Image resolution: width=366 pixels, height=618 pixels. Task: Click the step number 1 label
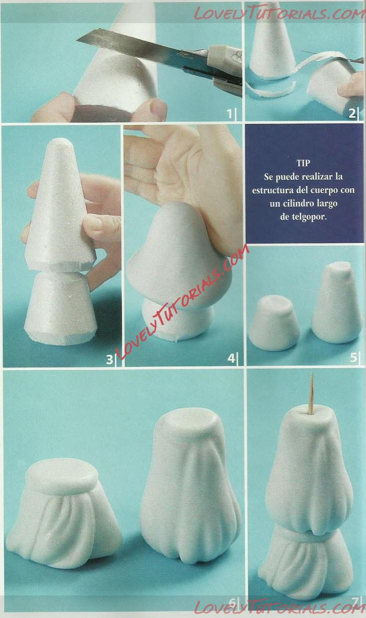click(x=229, y=114)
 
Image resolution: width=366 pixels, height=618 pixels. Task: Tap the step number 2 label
click(x=352, y=114)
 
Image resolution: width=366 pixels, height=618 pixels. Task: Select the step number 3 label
click(x=109, y=360)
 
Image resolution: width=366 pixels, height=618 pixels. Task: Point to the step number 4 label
click(x=231, y=358)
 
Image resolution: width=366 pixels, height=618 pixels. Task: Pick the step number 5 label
click(x=353, y=357)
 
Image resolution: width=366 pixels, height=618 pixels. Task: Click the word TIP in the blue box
click(x=303, y=163)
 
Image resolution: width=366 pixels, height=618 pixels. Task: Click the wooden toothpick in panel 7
click(x=311, y=394)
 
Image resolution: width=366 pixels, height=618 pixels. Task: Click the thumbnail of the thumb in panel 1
click(x=158, y=108)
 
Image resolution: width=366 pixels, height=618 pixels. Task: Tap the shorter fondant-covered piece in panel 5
click(x=274, y=323)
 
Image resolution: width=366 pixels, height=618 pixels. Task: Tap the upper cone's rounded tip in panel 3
click(x=60, y=143)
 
